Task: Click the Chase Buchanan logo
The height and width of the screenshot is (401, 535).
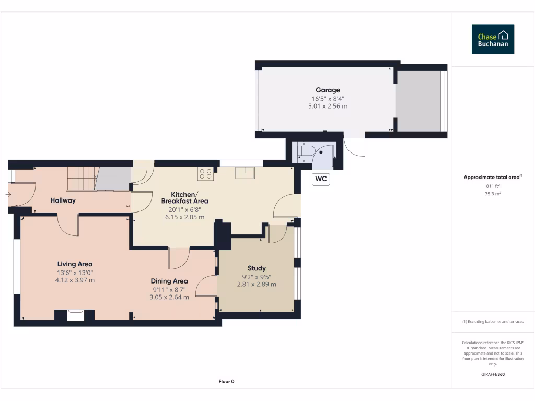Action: point(493,39)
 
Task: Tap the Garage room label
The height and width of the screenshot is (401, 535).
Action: point(328,90)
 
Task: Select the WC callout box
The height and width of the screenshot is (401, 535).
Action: point(321,179)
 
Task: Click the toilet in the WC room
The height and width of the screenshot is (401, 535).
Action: point(305,152)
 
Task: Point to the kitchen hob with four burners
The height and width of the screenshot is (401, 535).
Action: point(205,173)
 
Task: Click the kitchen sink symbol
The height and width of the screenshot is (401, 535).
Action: point(245,172)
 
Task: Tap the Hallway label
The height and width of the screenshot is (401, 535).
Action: point(63,200)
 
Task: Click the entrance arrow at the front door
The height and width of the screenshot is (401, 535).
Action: point(8,195)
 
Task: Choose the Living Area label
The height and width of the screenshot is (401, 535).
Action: point(75,264)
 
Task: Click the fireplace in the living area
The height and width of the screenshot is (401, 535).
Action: point(75,315)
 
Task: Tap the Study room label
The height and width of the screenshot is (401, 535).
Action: point(257,268)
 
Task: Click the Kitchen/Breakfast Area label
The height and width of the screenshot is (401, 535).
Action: point(184,197)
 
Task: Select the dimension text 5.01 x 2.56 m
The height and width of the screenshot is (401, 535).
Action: point(328,106)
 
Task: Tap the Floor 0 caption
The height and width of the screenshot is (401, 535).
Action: point(226,381)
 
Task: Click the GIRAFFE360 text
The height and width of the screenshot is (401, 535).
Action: point(493,374)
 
